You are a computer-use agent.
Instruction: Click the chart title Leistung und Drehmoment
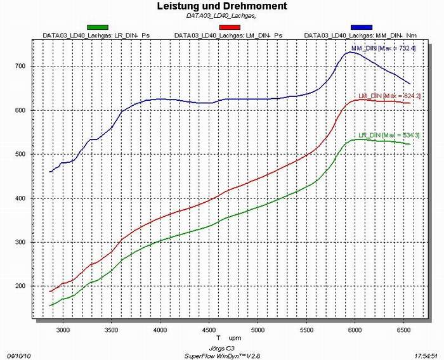221,6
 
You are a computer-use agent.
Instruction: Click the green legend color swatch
98,27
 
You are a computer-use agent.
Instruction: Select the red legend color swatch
229,27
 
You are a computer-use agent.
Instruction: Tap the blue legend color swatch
360,27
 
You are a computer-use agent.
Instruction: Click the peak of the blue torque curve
351,52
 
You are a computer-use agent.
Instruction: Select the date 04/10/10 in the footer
17,356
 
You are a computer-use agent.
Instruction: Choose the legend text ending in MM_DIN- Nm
359,35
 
